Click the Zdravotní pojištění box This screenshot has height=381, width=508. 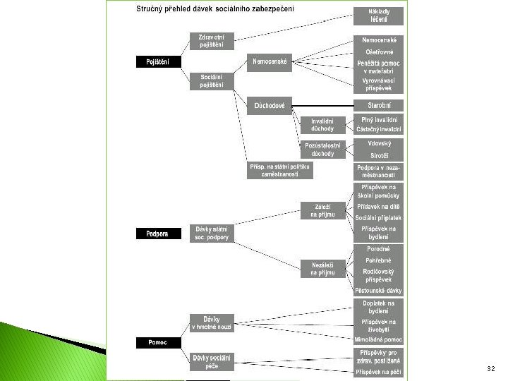point(212,41)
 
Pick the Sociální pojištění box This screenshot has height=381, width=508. point(212,80)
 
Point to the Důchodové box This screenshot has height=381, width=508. point(270,106)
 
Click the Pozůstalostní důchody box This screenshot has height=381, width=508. point(322,149)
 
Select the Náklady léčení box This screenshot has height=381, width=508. point(379,16)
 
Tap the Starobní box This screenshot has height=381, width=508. point(379,105)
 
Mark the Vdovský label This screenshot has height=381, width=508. point(379,143)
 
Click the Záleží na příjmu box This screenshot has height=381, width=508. point(322,210)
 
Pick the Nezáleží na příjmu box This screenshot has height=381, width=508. point(322,268)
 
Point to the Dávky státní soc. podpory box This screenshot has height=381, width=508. point(211,233)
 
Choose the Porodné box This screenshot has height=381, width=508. point(379,248)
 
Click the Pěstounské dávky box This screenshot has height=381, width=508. point(379,290)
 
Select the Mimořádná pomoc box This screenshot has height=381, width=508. point(379,339)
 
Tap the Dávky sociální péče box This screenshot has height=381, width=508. point(211,362)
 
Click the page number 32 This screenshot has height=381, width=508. point(491,369)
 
